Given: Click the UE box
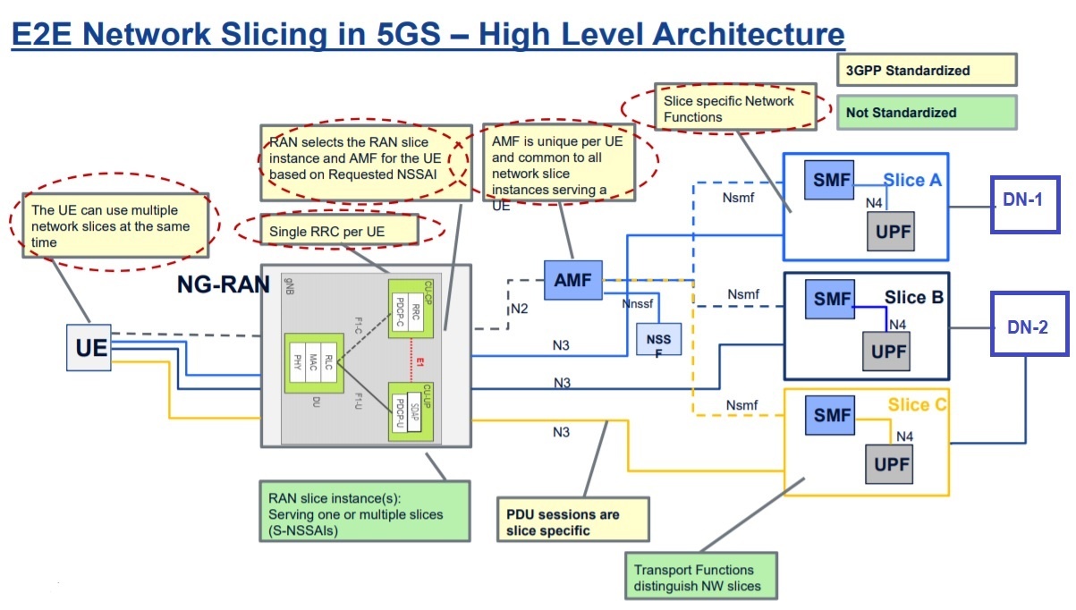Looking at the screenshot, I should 91,347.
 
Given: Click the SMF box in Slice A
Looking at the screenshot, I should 827,178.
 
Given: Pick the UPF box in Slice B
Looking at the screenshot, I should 888,352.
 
